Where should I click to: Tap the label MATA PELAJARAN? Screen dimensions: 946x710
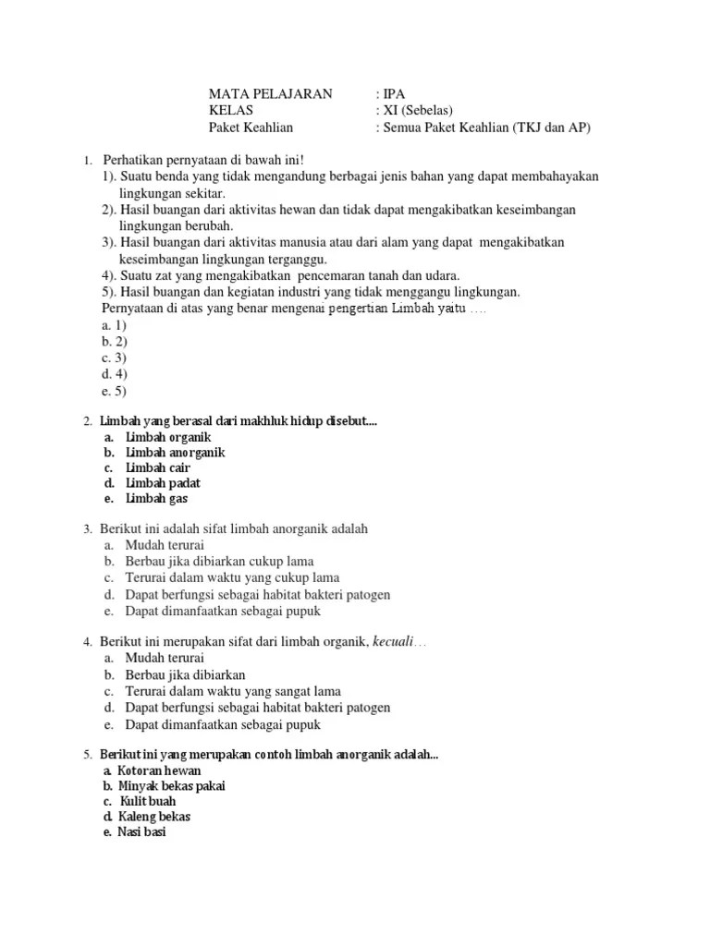pyautogui.click(x=268, y=94)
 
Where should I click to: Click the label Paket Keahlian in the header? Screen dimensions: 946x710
pyautogui.click(x=251, y=127)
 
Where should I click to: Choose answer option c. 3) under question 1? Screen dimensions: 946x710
pyautogui.click(x=115, y=358)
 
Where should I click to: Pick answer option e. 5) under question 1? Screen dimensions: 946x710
pyautogui.click(x=115, y=392)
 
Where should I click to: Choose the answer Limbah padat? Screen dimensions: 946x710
pyautogui.click(x=163, y=483)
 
